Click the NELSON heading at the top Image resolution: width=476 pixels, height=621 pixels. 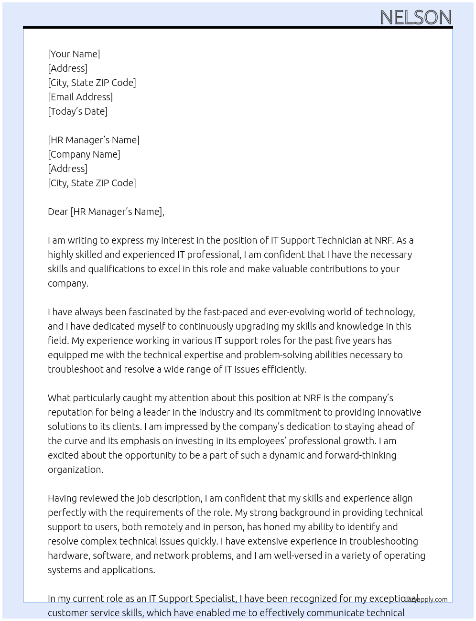tap(415, 17)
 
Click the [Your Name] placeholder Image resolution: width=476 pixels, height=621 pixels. tap(74, 54)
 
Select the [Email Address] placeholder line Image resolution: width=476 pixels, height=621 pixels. tap(80, 97)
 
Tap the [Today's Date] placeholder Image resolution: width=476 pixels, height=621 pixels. tap(77, 111)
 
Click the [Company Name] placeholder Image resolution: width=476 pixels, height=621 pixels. tap(84, 154)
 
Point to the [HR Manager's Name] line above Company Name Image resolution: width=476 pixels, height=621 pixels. tap(93, 140)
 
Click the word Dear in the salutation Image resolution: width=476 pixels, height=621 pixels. tap(58, 212)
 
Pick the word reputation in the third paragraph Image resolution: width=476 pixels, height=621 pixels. tap(71, 412)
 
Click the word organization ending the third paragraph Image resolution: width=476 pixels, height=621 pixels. tap(75, 470)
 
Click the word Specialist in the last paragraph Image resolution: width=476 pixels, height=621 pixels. tap(212, 599)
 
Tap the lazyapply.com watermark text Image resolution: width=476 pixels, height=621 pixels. tap(427, 600)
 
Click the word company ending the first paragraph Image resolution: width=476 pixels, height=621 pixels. tap(67, 283)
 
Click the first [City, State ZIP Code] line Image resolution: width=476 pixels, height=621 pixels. tap(92, 83)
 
